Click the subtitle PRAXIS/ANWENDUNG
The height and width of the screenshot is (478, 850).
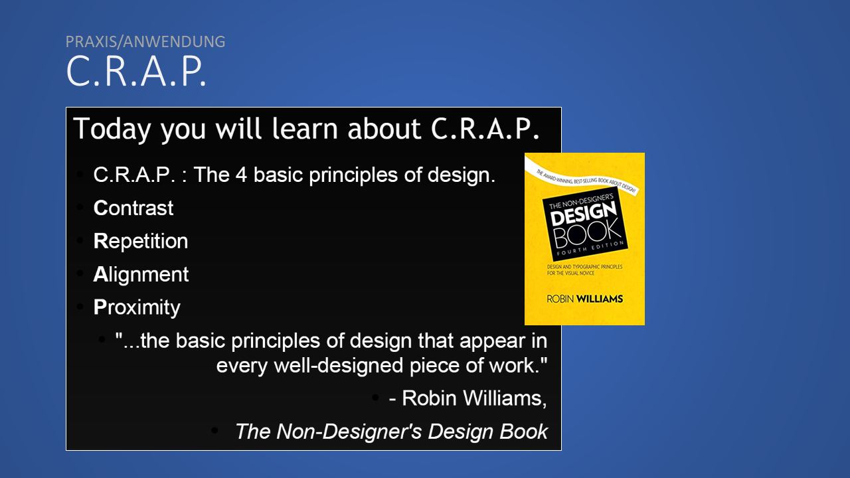pos(145,42)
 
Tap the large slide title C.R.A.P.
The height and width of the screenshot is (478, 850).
pos(136,71)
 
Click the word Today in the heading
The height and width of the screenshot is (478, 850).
pos(112,129)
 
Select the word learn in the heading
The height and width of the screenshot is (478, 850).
pos(304,128)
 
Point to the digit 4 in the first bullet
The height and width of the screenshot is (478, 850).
pos(241,175)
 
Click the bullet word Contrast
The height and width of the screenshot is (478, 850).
pos(133,208)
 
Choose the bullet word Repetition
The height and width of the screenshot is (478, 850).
pos(140,241)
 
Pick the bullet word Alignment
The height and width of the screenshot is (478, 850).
pos(141,274)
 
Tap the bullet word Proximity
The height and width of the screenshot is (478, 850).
pos(137,307)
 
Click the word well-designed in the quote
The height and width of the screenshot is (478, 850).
pos(339,366)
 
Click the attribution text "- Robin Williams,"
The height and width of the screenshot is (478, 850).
pos(468,398)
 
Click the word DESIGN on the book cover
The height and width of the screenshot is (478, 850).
pos(584,214)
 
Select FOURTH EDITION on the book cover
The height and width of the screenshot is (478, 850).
pos(590,248)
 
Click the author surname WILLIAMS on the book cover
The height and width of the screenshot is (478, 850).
pos(600,299)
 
